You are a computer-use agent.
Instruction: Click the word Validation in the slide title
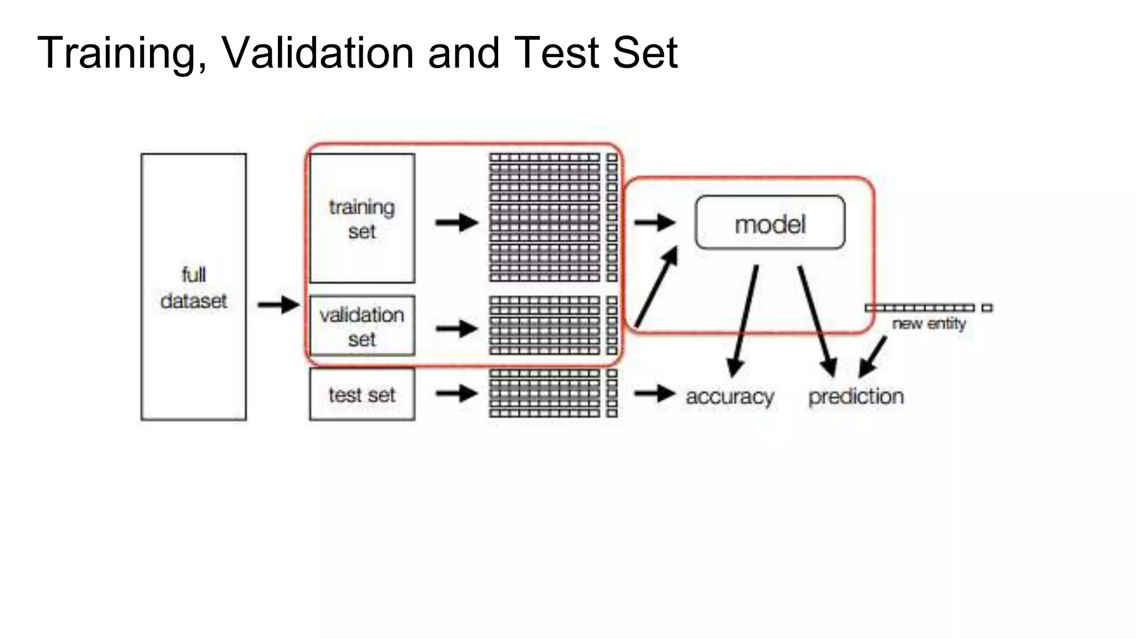[318, 53]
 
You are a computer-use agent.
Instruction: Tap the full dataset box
[194, 287]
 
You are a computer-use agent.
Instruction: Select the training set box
[362, 219]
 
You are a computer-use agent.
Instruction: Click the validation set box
[362, 326]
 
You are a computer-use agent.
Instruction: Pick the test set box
[362, 394]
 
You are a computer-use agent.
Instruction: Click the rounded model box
[770, 222]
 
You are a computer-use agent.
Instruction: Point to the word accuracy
[730, 397]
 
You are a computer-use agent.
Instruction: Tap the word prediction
[856, 397]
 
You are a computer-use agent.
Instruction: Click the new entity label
[929, 323]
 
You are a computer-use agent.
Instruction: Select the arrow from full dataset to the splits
[278, 305]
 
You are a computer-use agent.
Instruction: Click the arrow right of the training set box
[457, 223]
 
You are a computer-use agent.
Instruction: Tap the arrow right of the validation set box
[457, 328]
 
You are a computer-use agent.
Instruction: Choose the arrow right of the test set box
[457, 394]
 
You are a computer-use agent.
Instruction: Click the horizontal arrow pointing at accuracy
[655, 394]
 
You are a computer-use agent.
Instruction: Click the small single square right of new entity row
[987, 308]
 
